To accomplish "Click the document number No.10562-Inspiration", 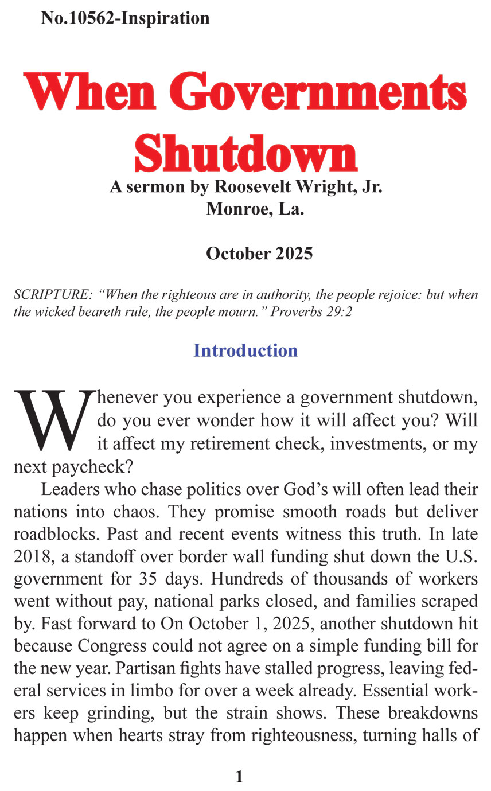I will pos(125,18).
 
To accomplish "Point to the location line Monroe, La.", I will pos(255,209).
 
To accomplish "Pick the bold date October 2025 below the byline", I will pos(259,253).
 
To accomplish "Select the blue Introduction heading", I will pos(246,350).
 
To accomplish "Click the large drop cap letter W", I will pos(53,421).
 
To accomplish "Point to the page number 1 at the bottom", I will pos(239,777).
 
